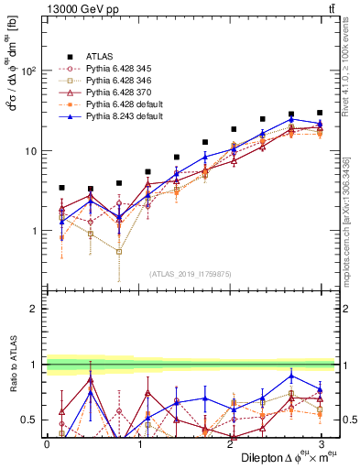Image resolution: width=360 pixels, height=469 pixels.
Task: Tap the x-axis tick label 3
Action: click(x=321, y=444)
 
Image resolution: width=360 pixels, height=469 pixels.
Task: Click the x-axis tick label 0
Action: click(x=47, y=444)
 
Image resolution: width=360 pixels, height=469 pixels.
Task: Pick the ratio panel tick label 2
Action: click(x=34, y=310)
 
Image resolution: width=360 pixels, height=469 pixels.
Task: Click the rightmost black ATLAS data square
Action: click(x=320, y=113)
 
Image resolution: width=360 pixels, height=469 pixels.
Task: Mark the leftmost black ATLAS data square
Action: click(x=61, y=188)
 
